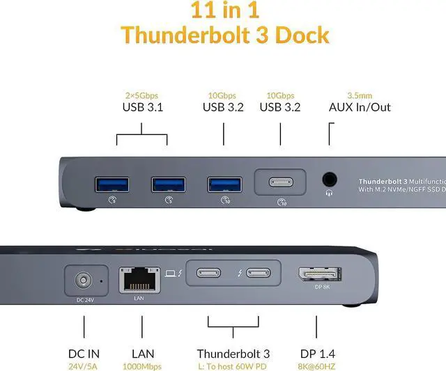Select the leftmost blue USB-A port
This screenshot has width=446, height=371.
pos(111,184)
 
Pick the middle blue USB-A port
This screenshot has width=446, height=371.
pos(167,184)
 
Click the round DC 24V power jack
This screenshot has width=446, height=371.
pos(84,281)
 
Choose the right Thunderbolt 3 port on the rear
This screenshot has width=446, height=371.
pos(259,273)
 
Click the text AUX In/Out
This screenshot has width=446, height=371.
pos(360,107)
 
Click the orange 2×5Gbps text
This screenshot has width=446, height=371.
pos(142,95)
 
